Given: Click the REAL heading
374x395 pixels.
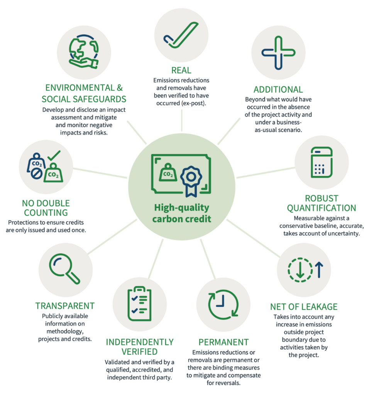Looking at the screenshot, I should click(x=181, y=71).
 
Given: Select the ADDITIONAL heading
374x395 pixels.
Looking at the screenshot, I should click(x=278, y=89).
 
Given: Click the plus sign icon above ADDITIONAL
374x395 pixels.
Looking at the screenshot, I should click(x=278, y=53).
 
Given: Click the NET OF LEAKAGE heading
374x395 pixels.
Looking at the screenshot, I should click(x=304, y=307).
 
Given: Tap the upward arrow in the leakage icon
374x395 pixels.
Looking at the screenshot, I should click(x=318, y=270).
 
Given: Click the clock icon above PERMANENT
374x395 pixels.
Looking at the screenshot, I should click(x=218, y=302).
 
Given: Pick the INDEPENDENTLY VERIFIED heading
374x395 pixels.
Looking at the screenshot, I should click(x=140, y=347).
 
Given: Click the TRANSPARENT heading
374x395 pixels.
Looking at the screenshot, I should click(x=65, y=306).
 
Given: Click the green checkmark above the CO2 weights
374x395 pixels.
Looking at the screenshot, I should click(x=54, y=155).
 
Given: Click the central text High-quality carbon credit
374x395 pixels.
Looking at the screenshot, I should click(x=181, y=213).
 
